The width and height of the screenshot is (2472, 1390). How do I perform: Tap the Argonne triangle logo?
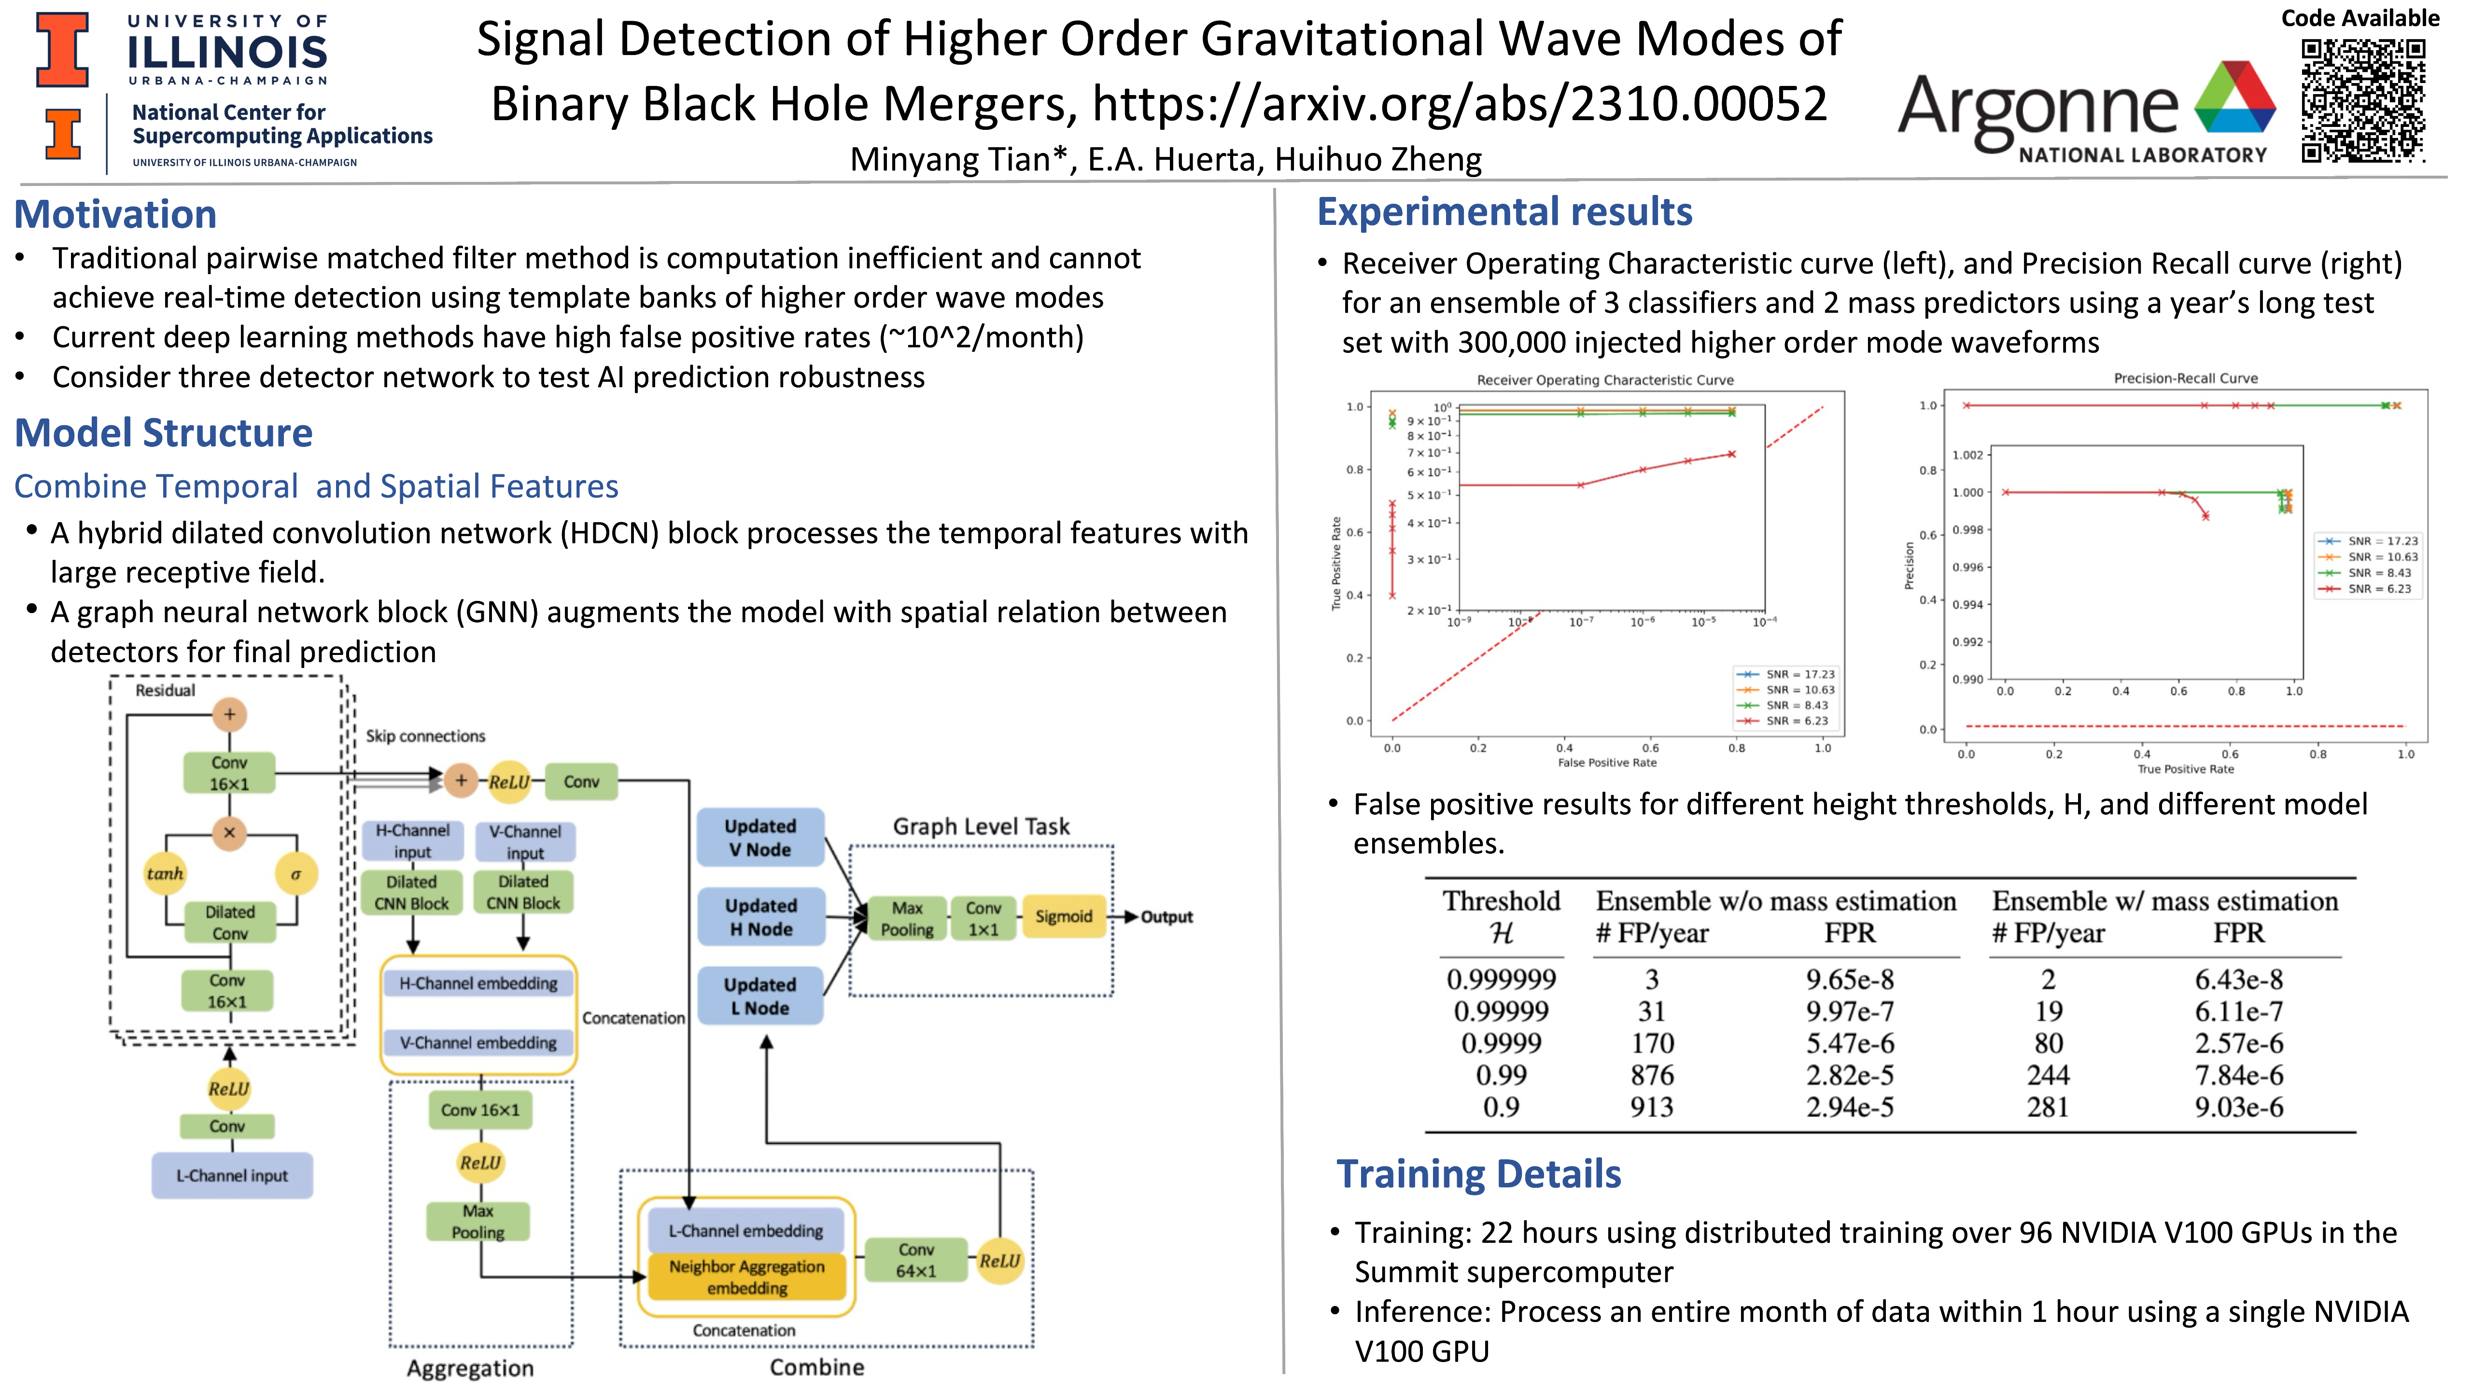[x=2234, y=98]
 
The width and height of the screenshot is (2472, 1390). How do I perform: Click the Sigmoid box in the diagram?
[x=1063, y=916]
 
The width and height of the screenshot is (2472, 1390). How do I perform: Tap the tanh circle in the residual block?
[x=165, y=874]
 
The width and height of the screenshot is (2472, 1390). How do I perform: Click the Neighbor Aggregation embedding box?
[x=746, y=1277]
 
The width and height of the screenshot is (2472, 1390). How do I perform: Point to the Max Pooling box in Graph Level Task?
[x=907, y=918]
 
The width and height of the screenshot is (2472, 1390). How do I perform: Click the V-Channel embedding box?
[x=478, y=1042]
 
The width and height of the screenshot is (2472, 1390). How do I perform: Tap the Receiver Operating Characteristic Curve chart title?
[x=1604, y=380]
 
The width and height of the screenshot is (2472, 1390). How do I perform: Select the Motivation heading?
[x=115, y=214]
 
